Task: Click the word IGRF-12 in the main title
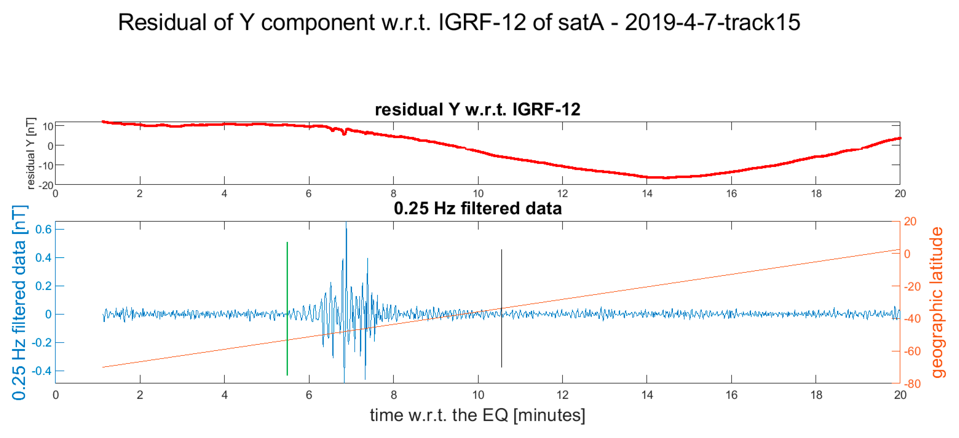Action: click(x=482, y=22)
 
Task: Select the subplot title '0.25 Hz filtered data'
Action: click(x=478, y=208)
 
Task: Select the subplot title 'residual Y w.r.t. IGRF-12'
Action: click(x=478, y=109)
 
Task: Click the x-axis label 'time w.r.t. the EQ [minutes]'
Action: click(x=478, y=415)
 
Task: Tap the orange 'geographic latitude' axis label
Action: click(x=937, y=302)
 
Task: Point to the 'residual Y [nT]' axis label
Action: click(x=31, y=153)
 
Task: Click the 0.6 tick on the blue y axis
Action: click(x=43, y=229)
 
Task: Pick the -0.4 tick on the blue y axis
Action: click(x=42, y=371)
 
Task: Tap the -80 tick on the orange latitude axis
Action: click(x=912, y=383)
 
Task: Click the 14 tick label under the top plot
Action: click(x=647, y=194)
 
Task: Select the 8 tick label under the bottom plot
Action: click(x=394, y=395)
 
